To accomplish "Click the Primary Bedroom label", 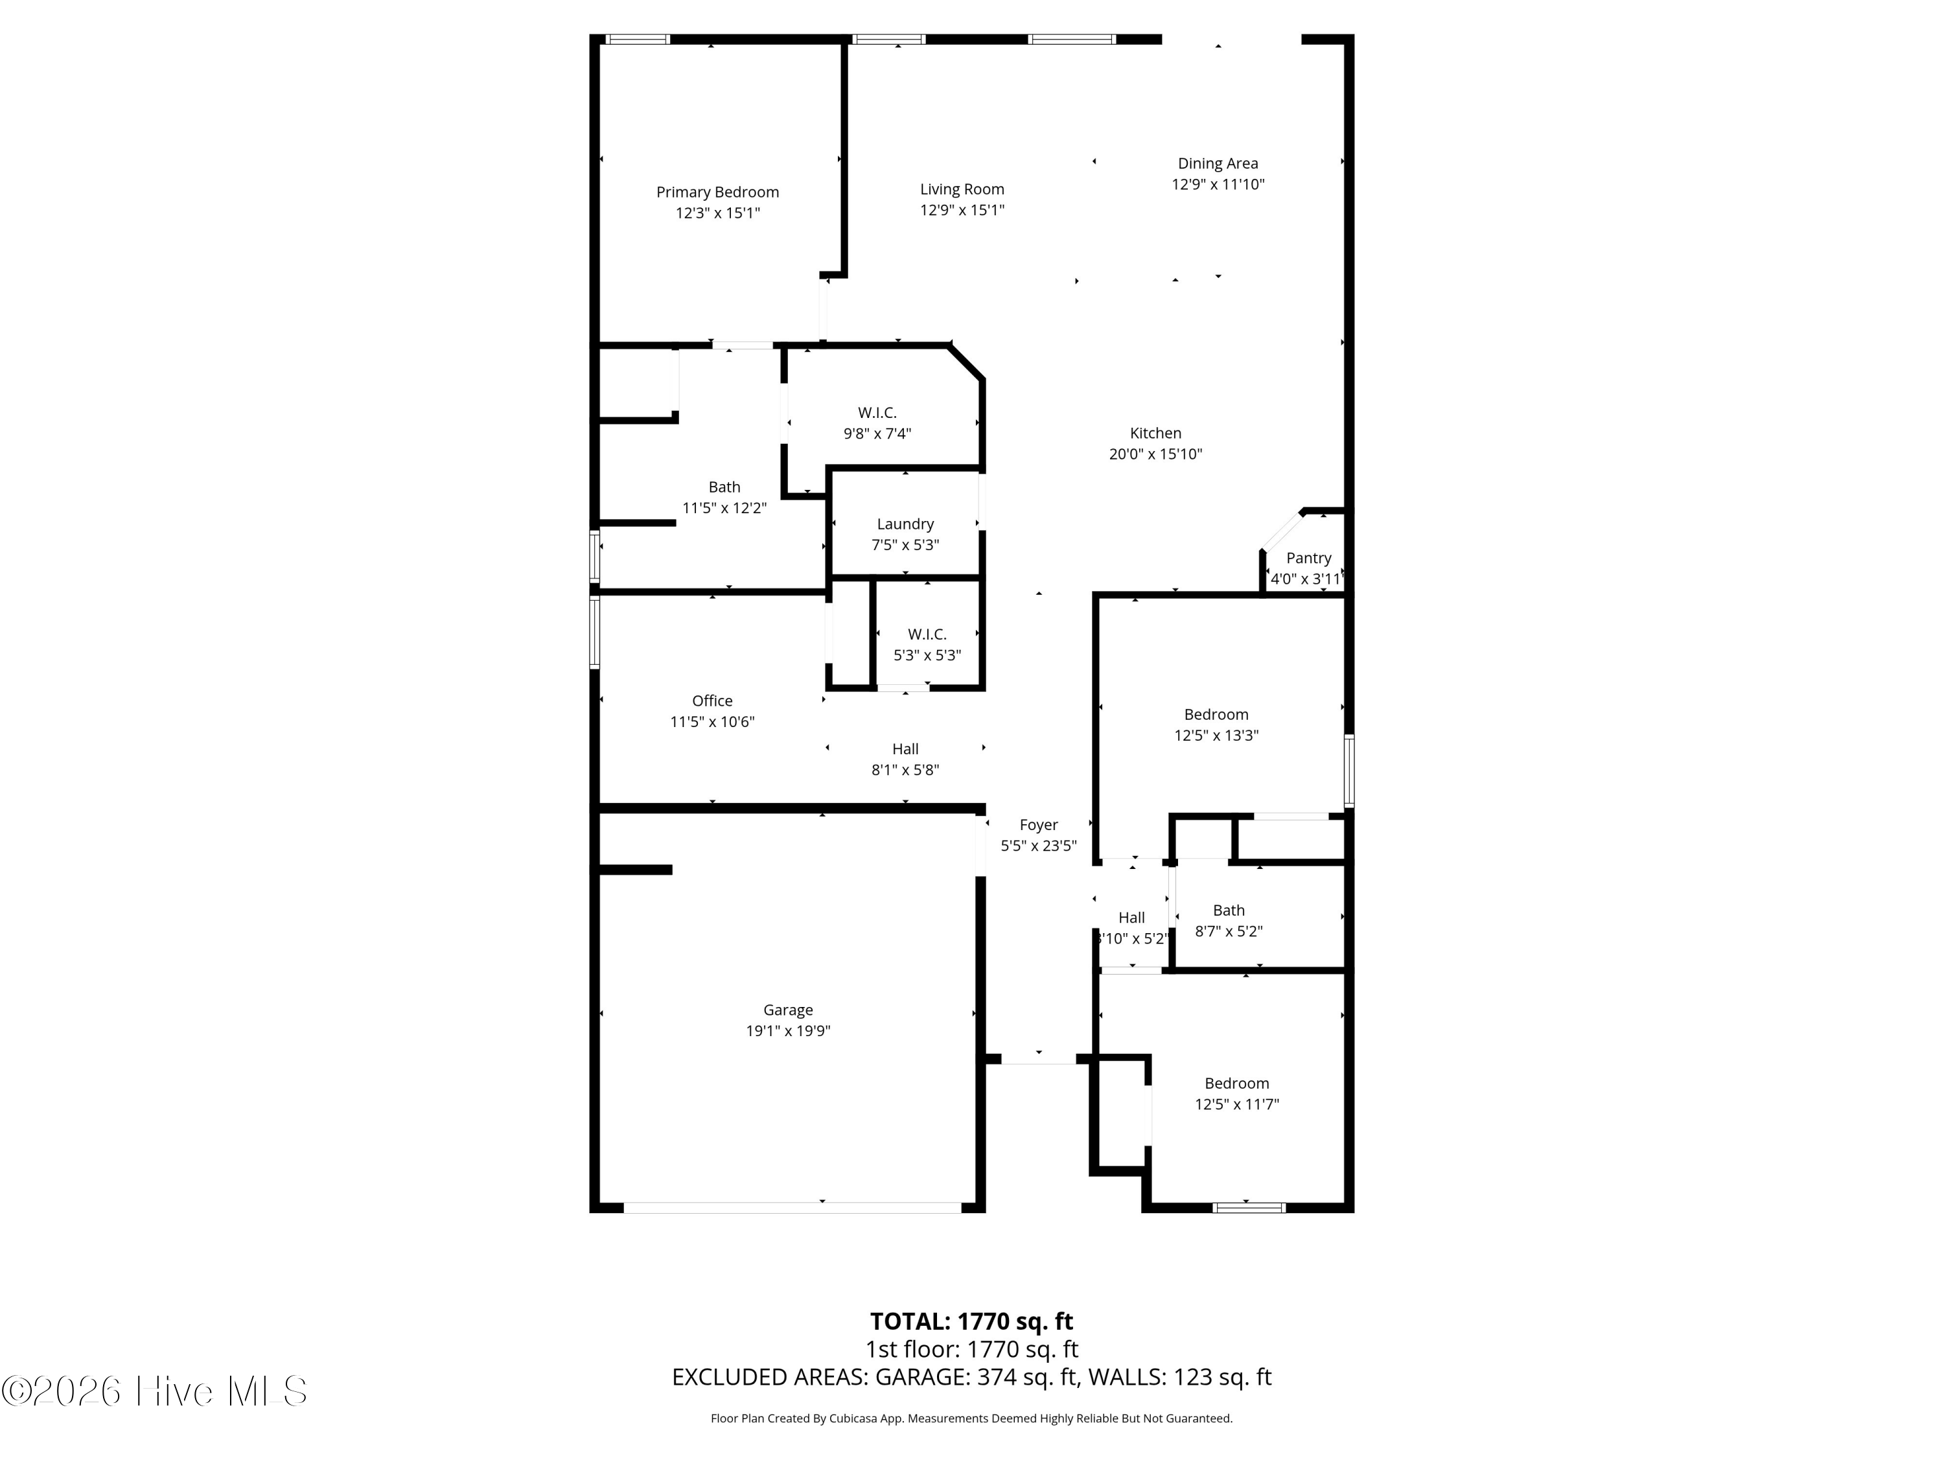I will tap(717, 192).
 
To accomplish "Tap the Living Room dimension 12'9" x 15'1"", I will tap(962, 210).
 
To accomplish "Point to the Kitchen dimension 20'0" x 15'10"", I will tap(1155, 454).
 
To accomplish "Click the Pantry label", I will tap(1308, 558).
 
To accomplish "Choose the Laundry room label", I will tap(905, 524).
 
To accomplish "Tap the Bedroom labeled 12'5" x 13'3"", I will tap(1216, 715).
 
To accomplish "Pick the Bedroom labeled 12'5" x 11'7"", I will tap(1236, 1083).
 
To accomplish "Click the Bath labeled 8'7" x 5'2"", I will tap(1228, 910).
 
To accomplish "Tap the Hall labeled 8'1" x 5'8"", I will tap(905, 749).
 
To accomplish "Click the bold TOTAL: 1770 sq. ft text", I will tap(971, 1321).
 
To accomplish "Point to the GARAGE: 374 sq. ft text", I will tap(975, 1377).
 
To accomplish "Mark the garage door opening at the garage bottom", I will tap(792, 1207).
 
